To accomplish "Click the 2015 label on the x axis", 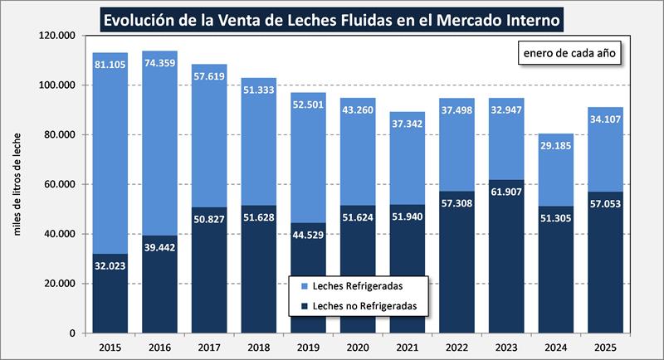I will coord(110,346).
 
